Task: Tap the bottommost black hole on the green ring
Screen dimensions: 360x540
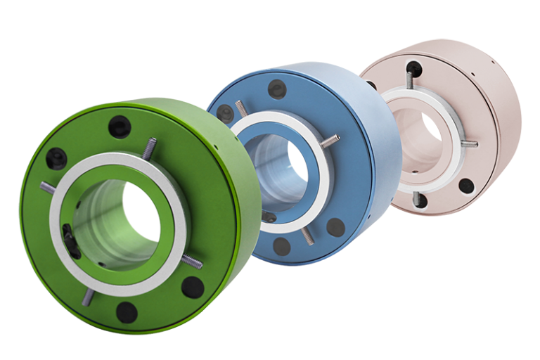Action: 127,311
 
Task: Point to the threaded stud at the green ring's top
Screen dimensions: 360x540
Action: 149,148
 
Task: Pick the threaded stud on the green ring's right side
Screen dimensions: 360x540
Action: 192,262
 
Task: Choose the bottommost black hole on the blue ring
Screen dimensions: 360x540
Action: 282,245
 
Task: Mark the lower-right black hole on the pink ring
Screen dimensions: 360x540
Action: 465,186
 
